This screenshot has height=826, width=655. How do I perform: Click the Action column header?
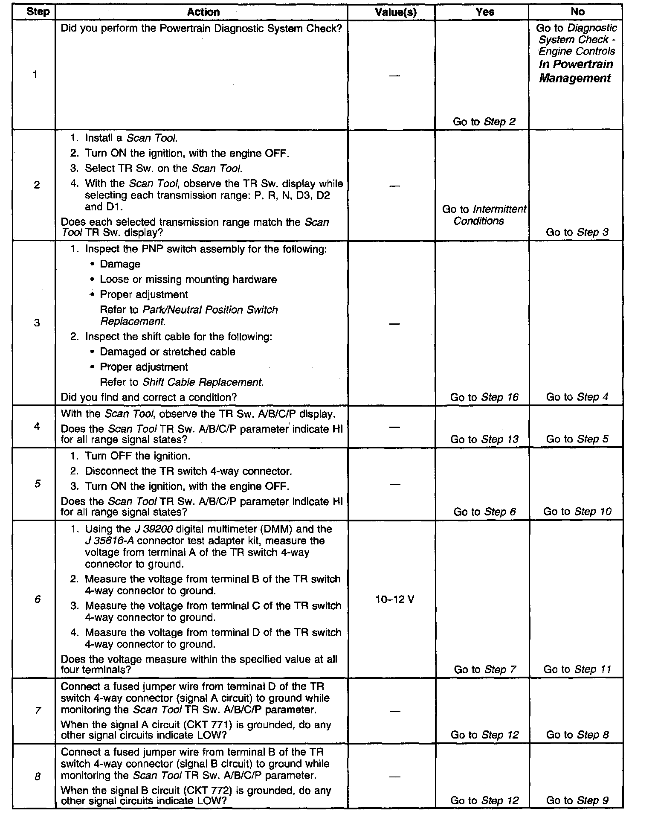(x=203, y=12)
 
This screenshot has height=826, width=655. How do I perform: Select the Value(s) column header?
(x=395, y=12)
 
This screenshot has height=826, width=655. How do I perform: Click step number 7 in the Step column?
(x=38, y=710)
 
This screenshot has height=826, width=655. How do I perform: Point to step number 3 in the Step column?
(x=37, y=323)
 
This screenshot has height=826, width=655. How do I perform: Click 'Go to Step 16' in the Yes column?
(x=484, y=397)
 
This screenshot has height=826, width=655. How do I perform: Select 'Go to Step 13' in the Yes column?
(x=484, y=439)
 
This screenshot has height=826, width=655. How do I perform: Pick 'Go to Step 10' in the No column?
(x=577, y=511)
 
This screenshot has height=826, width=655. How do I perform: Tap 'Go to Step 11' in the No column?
(x=577, y=669)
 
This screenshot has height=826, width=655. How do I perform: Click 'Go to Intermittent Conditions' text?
(x=484, y=215)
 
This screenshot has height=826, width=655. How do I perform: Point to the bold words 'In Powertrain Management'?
(x=576, y=71)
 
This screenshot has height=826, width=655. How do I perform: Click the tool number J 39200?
(x=154, y=529)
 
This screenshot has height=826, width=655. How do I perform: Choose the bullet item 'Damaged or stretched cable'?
(x=167, y=352)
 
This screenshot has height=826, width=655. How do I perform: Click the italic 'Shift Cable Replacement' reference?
(x=202, y=382)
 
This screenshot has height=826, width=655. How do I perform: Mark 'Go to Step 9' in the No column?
(x=577, y=800)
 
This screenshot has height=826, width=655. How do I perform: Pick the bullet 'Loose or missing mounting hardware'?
(x=188, y=279)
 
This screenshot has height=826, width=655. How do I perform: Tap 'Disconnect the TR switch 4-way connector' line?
(x=188, y=471)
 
